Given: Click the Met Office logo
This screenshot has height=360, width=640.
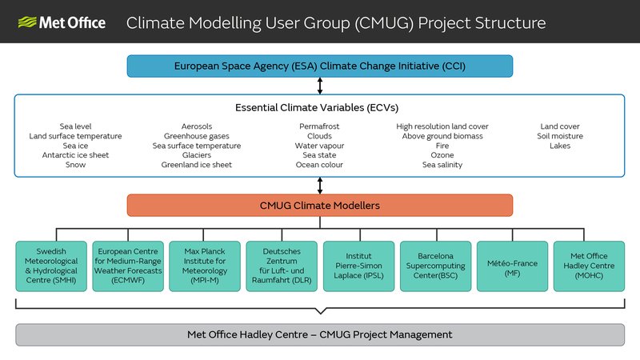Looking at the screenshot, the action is pos(62,22).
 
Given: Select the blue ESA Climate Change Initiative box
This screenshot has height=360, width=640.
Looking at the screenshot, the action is pos(319,66).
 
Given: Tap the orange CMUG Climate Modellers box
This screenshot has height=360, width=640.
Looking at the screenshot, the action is pos(319,206).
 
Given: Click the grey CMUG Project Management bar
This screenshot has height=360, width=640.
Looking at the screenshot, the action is pos(319,334).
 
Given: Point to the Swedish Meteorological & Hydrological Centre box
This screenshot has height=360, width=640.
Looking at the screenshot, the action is pos(51,266).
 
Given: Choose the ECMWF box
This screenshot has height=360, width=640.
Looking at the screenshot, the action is pos(128,266).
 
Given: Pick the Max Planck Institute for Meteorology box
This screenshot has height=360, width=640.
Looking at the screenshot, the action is pos(205,266).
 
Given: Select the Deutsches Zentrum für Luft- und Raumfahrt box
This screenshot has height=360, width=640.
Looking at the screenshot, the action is pos(282,266).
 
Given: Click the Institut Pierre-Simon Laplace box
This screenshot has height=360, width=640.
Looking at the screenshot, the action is pos(358,266).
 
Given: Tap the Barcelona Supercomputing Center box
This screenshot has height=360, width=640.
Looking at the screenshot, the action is pos(435,266).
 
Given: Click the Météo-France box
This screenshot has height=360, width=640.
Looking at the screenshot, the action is pos(512,266).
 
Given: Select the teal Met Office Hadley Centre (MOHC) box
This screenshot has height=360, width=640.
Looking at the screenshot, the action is pos(589,266).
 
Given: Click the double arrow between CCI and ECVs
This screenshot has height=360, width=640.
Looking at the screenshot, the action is pos(319,86).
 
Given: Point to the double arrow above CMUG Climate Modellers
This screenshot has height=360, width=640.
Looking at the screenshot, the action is pos(319,186).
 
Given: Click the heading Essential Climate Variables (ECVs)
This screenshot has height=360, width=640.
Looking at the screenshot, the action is pos(317,108).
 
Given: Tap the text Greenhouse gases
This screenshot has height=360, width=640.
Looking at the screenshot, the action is pos(196,136).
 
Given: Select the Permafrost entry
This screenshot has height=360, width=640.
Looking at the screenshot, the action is pos(319,126).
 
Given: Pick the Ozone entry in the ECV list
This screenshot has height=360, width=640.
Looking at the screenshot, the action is pos(442,155).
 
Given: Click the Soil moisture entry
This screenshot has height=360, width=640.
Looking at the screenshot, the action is pos(560,136).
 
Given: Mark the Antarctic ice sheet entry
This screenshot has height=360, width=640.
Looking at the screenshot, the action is pos(75,155).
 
